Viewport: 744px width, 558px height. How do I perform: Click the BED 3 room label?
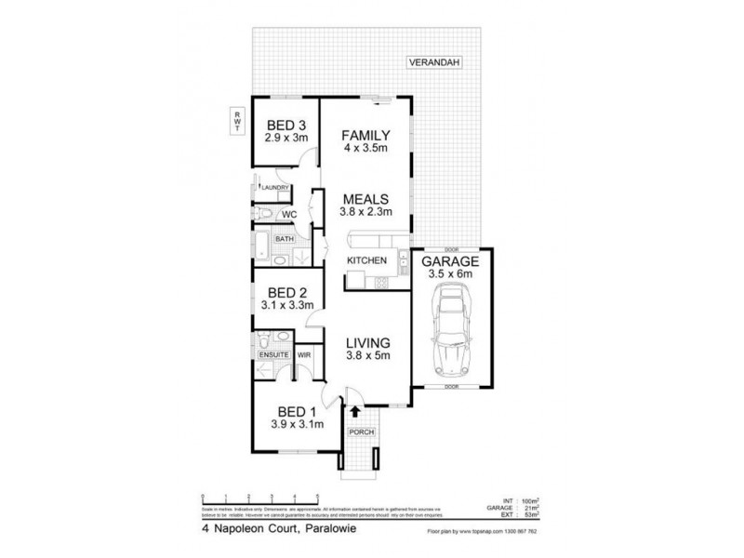[x=286, y=126]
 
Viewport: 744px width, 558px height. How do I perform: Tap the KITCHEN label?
[x=366, y=261]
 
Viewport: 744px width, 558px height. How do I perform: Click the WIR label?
[x=304, y=355]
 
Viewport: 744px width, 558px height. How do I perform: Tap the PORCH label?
[x=359, y=433]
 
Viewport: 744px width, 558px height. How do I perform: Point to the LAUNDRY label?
[x=276, y=189]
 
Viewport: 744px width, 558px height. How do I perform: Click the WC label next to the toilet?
[x=289, y=214]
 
